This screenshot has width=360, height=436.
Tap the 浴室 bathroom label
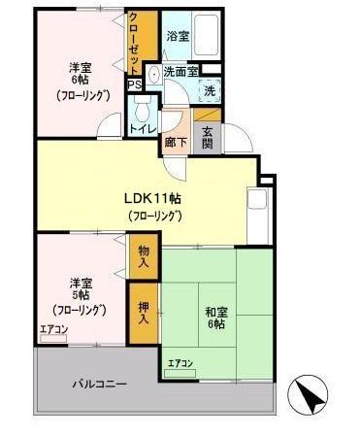[x=177, y=36]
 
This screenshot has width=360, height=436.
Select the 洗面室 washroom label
[x=180, y=72]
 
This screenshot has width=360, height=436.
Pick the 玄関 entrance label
[x=208, y=138]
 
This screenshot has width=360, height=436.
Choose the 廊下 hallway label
[x=177, y=139]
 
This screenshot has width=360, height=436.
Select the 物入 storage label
[x=144, y=256]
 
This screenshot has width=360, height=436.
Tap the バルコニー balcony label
[x=100, y=385]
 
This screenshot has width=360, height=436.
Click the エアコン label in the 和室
[x=180, y=364]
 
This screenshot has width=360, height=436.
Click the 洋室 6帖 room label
[x=81, y=81]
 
